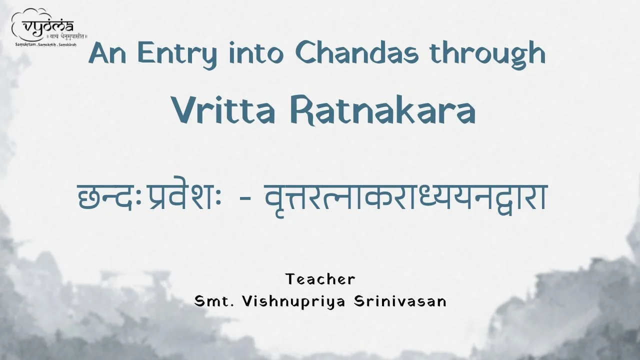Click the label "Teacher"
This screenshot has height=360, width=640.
(x=320, y=279)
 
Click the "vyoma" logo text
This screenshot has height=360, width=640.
(x=48, y=27)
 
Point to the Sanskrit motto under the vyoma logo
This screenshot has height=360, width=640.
(x=67, y=36)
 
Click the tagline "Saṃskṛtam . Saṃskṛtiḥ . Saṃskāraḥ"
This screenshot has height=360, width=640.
(x=45, y=45)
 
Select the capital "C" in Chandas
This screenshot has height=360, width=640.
(x=305, y=53)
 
